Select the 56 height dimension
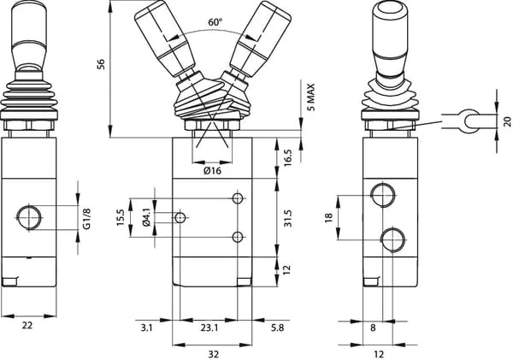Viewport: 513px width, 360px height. click(102, 65)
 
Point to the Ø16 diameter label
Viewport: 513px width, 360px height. click(213, 171)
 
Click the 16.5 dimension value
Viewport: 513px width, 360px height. click(288, 156)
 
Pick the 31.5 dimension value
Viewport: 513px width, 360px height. click(288, 218)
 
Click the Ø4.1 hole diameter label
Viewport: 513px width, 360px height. click(146, 219)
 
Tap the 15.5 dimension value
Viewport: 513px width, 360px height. click(121, 219)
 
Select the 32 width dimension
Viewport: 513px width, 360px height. click(215, 352)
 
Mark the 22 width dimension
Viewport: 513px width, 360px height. click(27, 325)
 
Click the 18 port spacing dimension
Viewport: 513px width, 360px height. click(328, 217)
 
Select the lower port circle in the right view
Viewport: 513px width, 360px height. click(392, 238)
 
